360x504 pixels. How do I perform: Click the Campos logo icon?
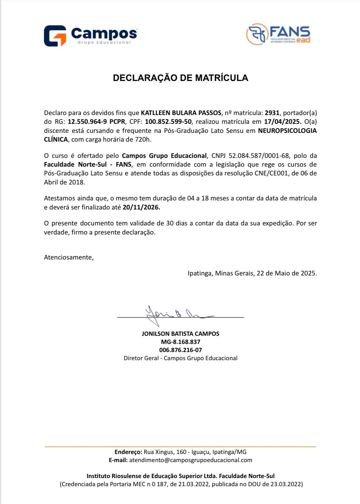[55, 36]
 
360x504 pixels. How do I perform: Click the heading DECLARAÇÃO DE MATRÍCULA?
[180, 78]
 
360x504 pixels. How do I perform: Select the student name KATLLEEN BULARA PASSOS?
[181, 113]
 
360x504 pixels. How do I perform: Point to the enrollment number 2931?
[272, 113]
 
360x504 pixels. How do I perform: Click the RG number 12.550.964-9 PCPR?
[96, 122]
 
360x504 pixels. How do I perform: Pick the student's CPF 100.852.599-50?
[168, 122]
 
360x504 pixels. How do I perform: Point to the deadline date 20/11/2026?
[141, 207]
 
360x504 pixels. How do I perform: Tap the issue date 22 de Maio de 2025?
[287, 273]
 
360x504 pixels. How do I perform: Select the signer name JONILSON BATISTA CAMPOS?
[180, 334]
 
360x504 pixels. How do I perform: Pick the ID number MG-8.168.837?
[180, 342]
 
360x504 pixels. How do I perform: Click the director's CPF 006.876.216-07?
[180, 350]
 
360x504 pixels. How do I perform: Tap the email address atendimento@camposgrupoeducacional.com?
[191, 460]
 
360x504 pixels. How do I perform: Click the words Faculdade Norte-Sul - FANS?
[87, 164]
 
